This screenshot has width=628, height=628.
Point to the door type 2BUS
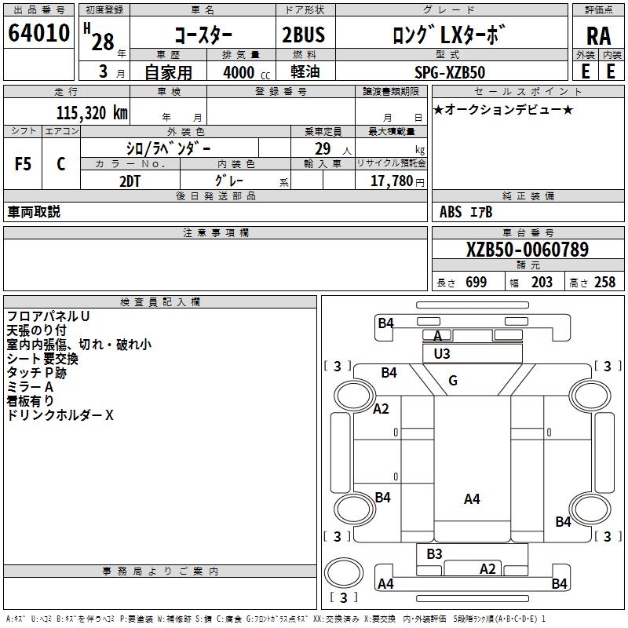click(x=303, y=35)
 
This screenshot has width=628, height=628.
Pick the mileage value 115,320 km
click(x=91, y=112)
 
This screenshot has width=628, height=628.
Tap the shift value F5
click(x=23, y=164)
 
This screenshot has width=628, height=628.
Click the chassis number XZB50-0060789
click(x=527, y=250)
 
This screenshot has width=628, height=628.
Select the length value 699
click(x=476, y=283)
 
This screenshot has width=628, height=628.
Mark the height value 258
click(x=604, y=283)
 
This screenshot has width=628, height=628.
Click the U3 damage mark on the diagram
click(x=442, y=354)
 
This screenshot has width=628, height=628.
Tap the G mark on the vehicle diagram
click(x=453, y=381)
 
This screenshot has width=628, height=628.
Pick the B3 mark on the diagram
click(x=435, y=554)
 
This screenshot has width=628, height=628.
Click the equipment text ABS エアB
click(x=466, y=212)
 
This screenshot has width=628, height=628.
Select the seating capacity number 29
click(x=323, y=148)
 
